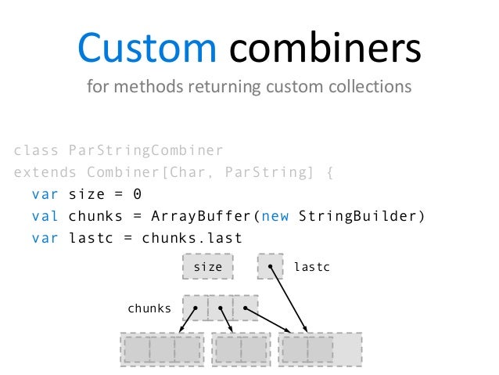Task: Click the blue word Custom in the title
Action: [147, 49]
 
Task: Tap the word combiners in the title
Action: [325, 49]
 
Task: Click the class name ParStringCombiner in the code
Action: [145, 150]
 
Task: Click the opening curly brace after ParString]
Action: [328, 171]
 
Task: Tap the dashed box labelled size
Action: [207, 267]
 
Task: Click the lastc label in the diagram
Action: [312, 267]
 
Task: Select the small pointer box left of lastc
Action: [270, 267]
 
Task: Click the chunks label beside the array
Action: [149, 308]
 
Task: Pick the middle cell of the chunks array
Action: [220, 308]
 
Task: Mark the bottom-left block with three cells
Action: [162, 349]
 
